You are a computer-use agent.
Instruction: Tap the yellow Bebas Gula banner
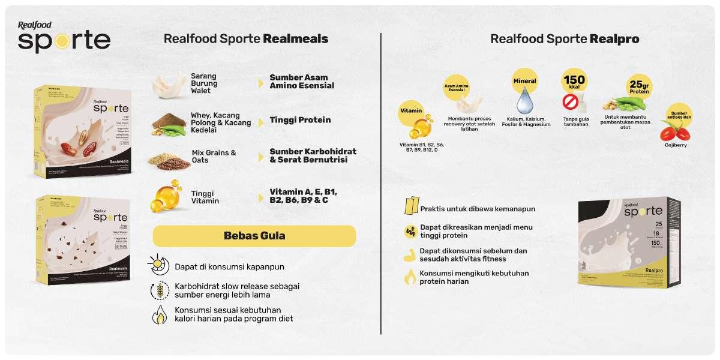(x=254, y=236)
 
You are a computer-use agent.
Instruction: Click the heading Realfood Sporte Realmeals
(x=246, y=39)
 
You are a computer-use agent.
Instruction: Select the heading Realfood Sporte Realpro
(x=565, y=39)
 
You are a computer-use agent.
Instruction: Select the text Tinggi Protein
(x=300, y=120)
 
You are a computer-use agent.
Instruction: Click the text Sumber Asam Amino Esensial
(x=302, y=82)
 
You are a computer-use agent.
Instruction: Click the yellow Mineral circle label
(x=524, y=80)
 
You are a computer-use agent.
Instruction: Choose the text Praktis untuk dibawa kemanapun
(x=478, y=209)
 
